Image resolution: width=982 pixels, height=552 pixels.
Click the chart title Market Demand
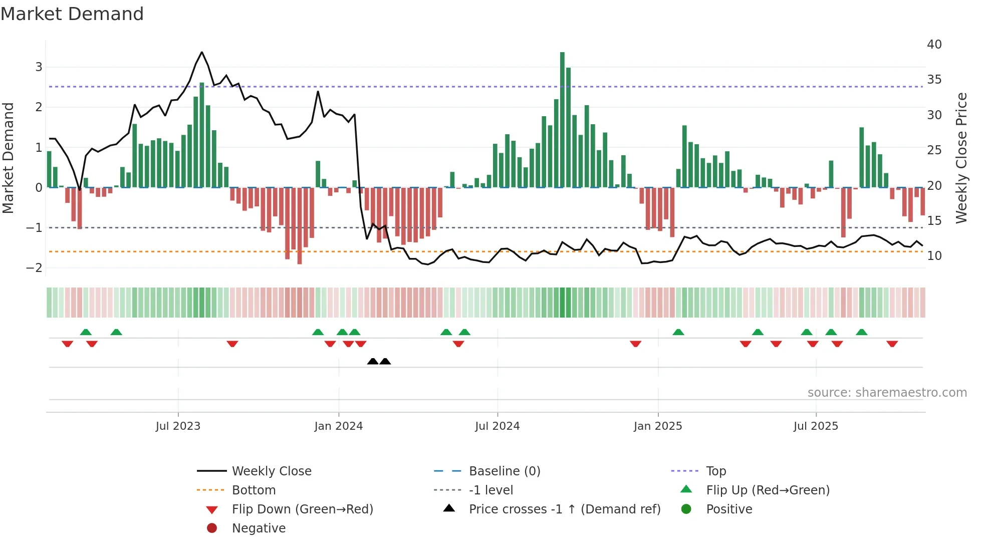[72, 14]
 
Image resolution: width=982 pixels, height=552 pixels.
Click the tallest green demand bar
[562, 120]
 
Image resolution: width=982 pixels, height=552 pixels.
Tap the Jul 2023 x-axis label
[178, 426]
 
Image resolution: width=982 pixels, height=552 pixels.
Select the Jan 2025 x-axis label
[658, 426]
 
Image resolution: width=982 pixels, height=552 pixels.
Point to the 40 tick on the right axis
[934, 45]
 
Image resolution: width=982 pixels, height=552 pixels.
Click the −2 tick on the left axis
[35, 268]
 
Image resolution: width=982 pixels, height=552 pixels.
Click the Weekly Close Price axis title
[961, 158]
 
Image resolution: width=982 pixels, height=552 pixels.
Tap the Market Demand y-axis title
[8, 158]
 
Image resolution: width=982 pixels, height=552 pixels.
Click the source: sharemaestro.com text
[887, 393]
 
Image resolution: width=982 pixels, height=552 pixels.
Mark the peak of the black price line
[202, 52]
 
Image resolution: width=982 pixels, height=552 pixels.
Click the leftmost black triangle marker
[373, 361]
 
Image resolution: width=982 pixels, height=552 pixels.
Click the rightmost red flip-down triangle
[892, 344]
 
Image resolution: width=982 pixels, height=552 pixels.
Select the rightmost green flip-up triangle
[862, 332]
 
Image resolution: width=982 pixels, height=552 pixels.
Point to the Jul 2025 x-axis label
[816, 426]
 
